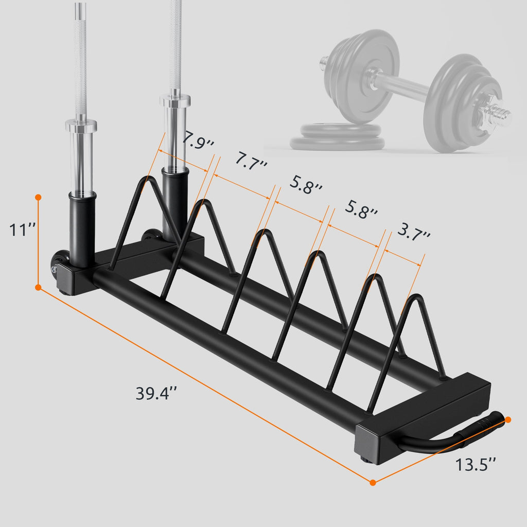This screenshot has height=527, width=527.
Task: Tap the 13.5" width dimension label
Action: pyautogui.click(x=476, y=465)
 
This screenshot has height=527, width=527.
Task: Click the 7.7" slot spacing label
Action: pyautogui.click(x=252, y=161)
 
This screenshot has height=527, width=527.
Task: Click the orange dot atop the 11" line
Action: pyautogui.click(x=38, y=197)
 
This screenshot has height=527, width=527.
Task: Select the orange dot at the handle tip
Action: pyautogui.click(x=508, y=420)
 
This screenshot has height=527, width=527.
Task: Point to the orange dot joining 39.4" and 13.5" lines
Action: pyautogui.click(x=373, y=482)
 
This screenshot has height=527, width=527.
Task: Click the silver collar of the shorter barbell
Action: pyautogui.click(x=81, y=125)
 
